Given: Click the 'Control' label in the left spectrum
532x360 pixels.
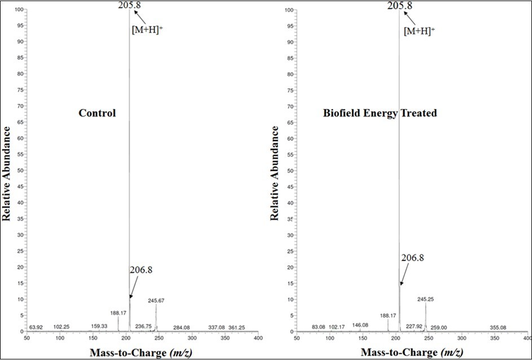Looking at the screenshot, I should [x=97, y=113].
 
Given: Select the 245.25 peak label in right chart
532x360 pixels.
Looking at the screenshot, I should [x=426, y=299].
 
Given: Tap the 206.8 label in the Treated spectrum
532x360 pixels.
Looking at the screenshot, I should [x=412, y=258].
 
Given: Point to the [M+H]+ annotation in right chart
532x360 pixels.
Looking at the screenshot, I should [x=419, y=31].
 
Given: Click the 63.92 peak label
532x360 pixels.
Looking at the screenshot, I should [x=36, y=327].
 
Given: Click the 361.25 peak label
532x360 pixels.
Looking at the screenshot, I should [x=236, y=327].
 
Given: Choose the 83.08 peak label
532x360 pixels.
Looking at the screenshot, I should [x=320, y=327].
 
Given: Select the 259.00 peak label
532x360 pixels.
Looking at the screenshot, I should [x=437, y=327].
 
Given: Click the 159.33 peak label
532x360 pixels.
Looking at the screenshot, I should [x=99, y=326].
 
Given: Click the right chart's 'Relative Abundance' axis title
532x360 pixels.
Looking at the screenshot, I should [x=275, y=173].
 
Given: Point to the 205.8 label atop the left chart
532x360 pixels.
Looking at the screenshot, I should [x=130, y=6].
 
